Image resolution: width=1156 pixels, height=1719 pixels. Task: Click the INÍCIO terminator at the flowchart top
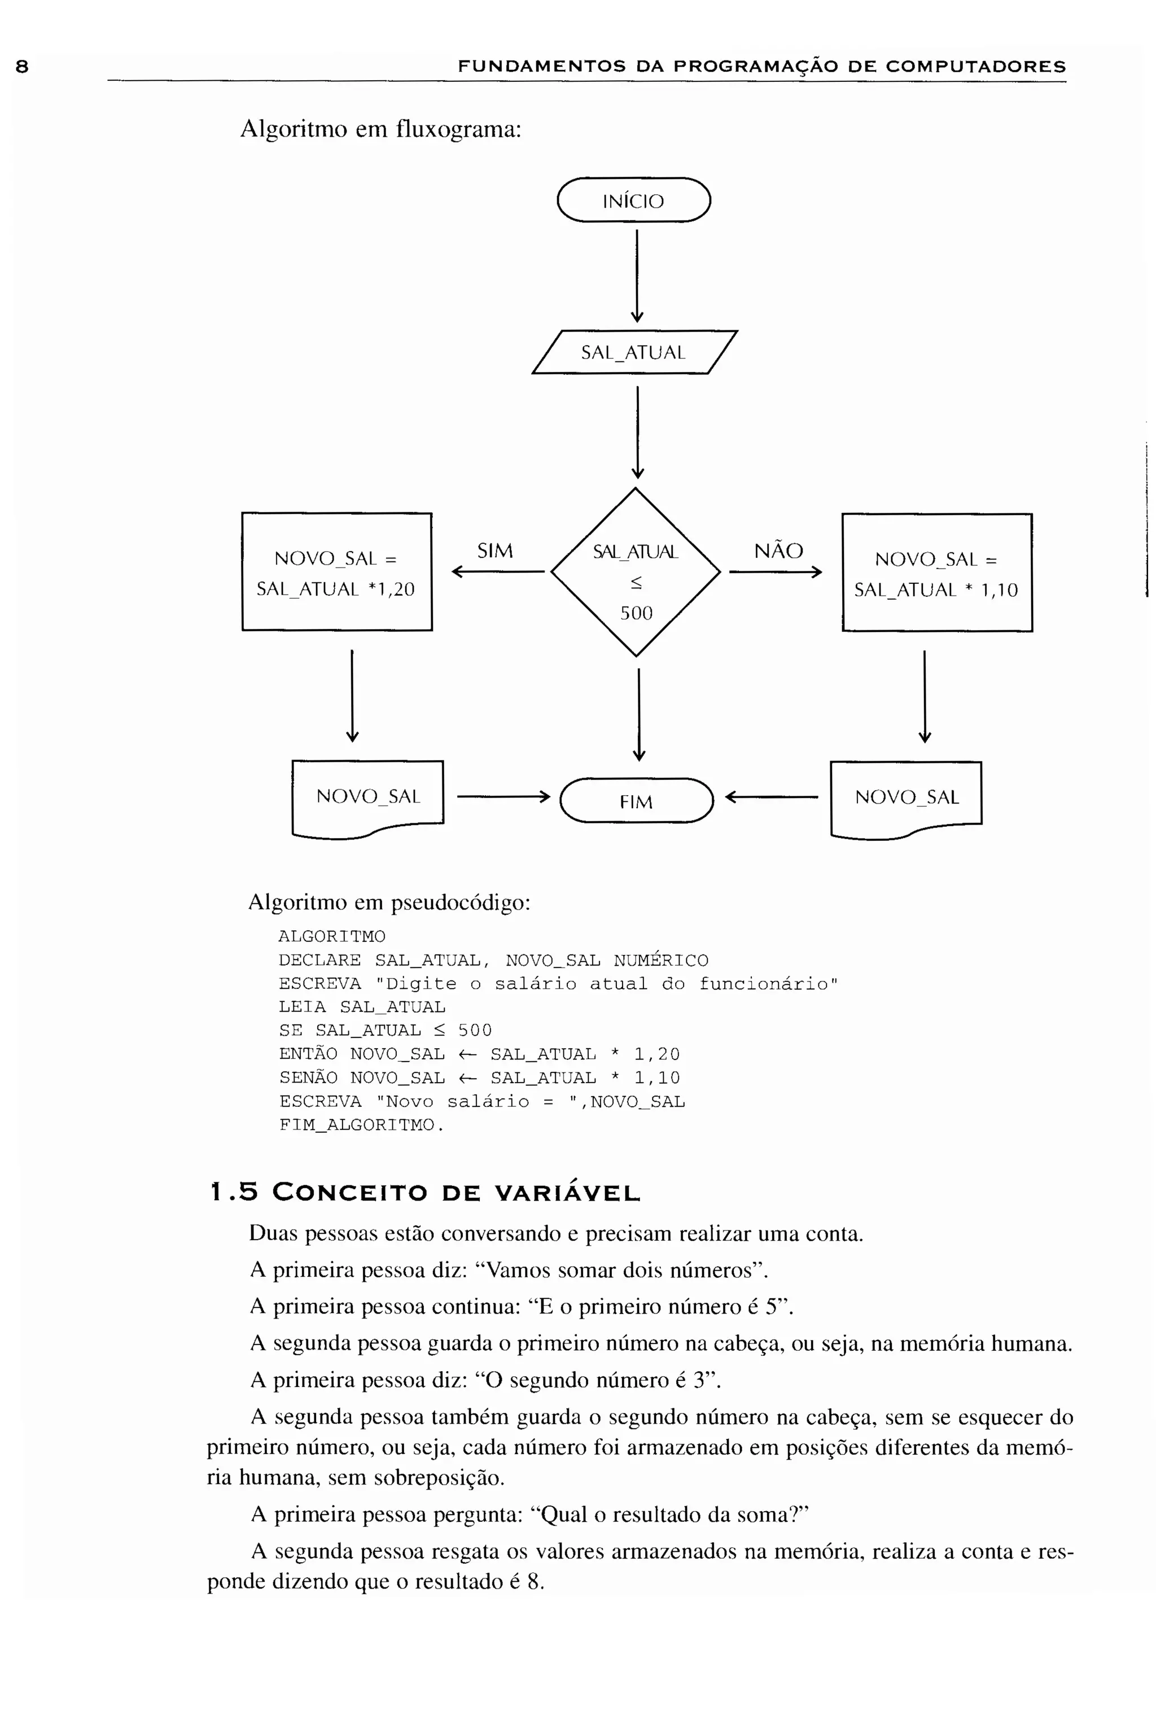coord(633,200)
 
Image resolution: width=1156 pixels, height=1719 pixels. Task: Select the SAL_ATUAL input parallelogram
coord(633,352)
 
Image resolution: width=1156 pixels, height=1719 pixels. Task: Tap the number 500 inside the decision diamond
coord(636,613)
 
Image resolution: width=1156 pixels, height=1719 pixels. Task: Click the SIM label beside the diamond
coord(494,551)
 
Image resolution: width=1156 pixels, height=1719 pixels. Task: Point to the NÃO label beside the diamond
coord(778,551)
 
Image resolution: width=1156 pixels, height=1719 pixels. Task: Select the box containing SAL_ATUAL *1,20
coord(337,572)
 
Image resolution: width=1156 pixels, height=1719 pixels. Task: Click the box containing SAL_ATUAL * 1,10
coord(936,573)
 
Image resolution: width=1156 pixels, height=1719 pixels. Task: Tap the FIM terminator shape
coord(636,801)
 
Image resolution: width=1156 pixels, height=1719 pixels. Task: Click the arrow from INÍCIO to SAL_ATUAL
coord(637,274)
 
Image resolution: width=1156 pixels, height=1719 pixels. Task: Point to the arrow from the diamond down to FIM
coord(638,713)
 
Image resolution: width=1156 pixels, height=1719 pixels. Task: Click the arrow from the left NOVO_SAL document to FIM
coord(503,796)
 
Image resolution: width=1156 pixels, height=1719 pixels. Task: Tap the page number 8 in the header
coord(22,67)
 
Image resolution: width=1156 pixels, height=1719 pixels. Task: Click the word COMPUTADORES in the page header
coord(975,67)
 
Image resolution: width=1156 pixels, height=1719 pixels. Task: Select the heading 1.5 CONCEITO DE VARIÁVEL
coord(426,1193)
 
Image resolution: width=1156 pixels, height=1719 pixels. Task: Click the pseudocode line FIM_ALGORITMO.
coord(361,1125)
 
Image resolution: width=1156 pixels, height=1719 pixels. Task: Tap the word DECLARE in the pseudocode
coord(319,960)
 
